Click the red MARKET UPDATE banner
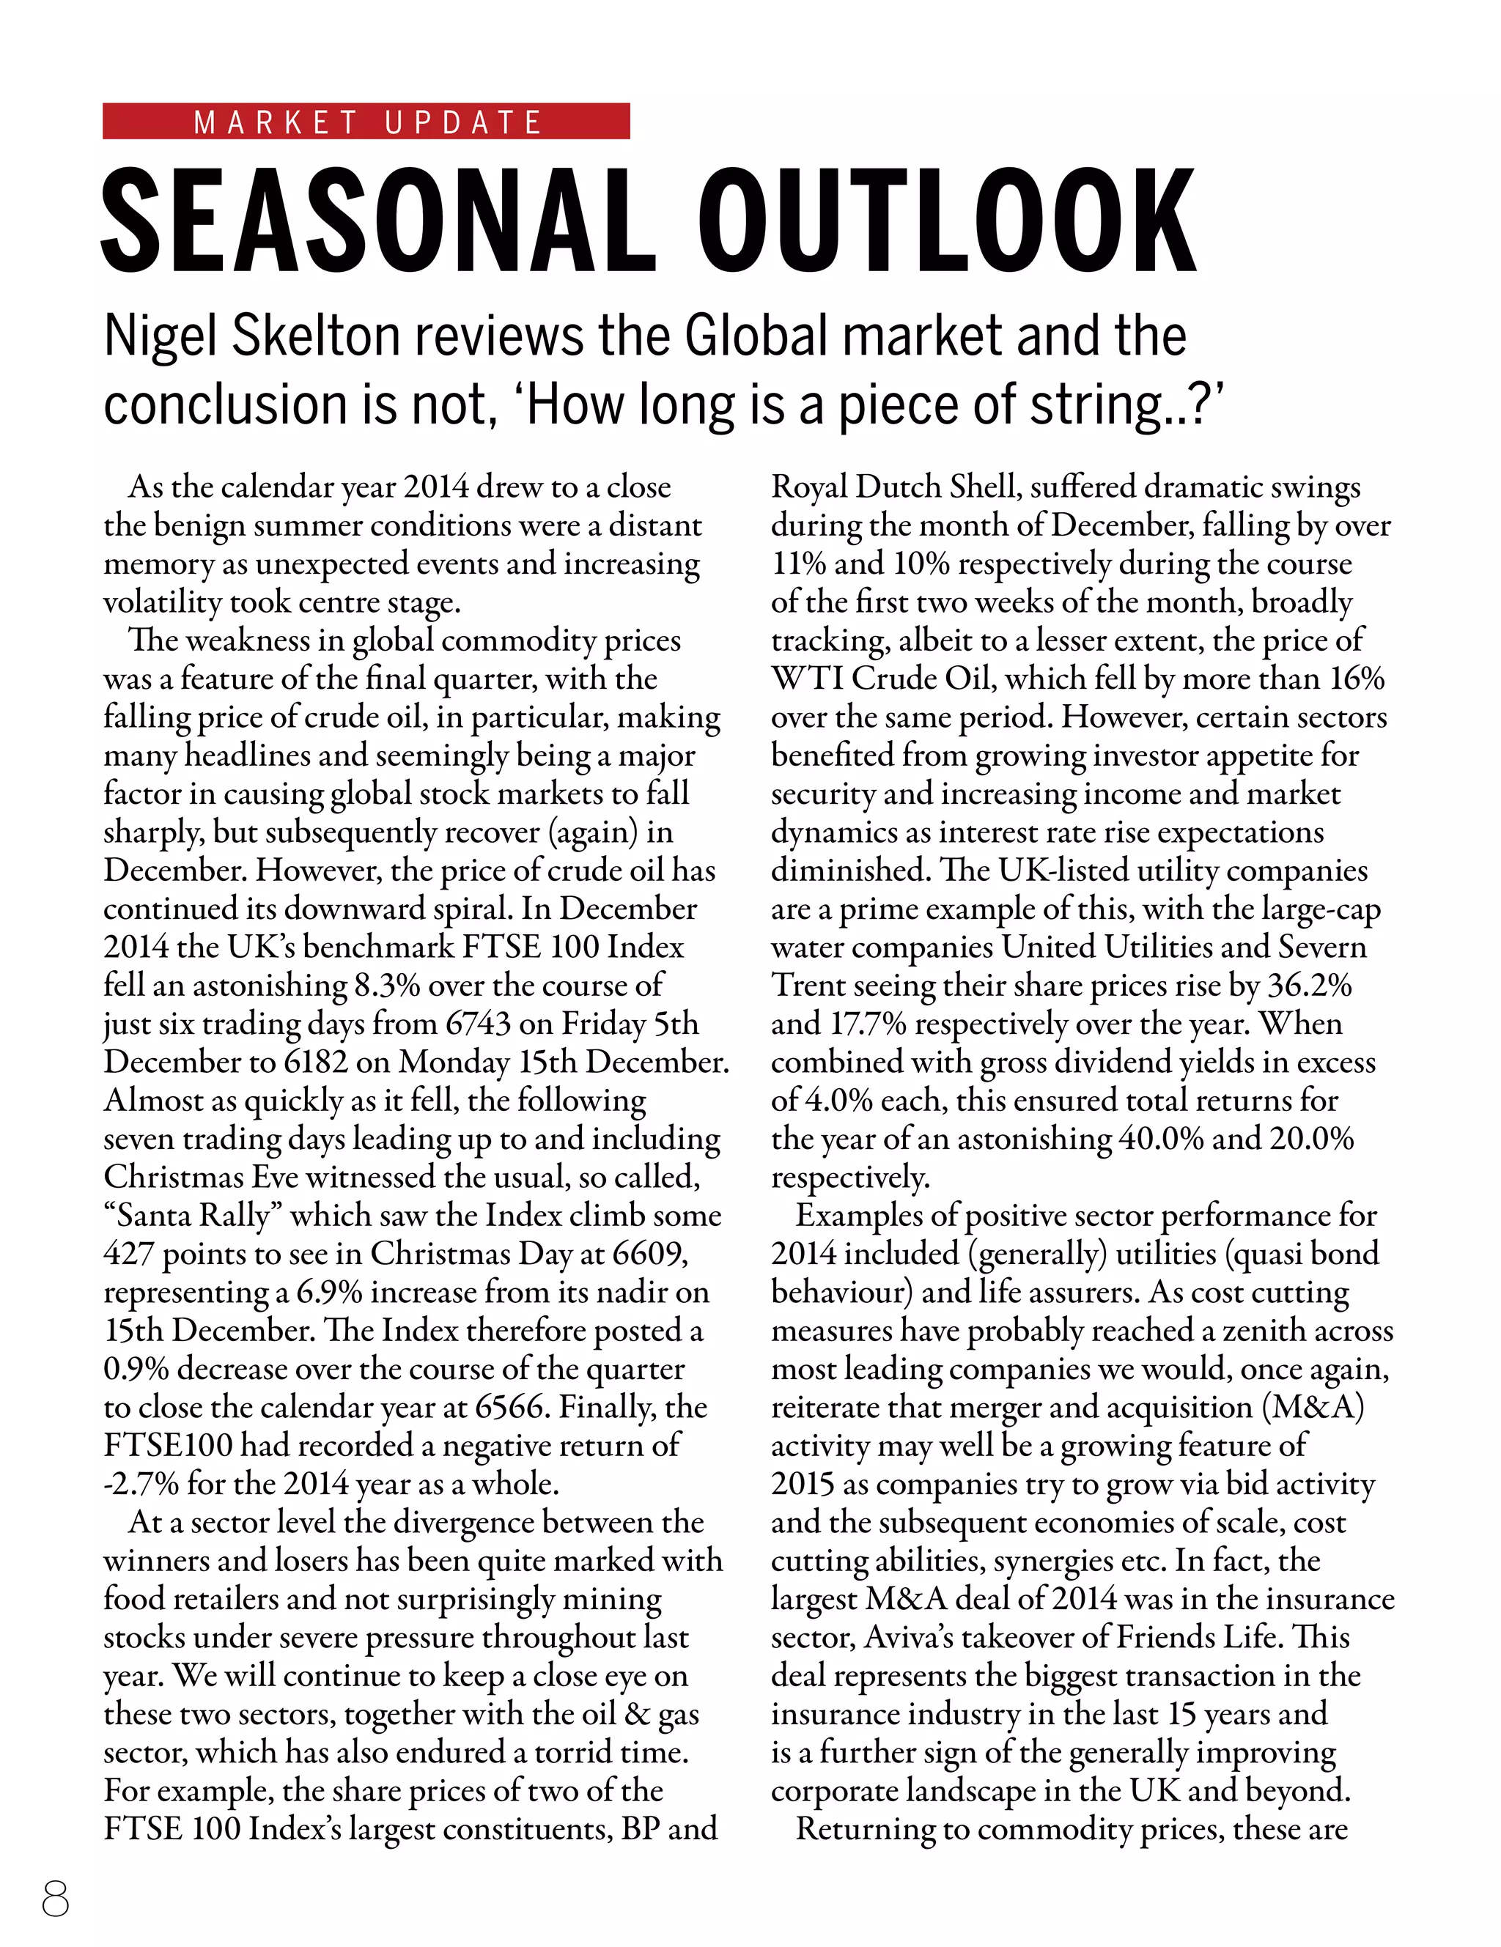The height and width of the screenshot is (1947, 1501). tap(366, 121)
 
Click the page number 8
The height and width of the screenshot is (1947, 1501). tap(55, 1898)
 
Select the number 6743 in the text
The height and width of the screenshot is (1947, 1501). tap(478, 1024)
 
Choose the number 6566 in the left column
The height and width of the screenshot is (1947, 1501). tap(509, 1408)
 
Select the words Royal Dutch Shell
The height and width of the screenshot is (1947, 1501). tap(895, 487)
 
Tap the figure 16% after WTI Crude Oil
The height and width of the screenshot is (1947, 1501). tap(1357, 679)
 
